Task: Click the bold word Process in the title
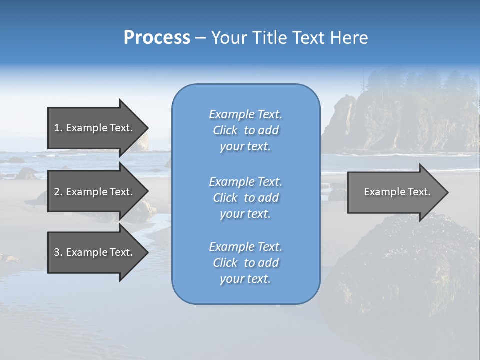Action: point(157,38)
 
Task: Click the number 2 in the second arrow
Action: point(57,192)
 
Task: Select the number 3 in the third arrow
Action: point(57,252)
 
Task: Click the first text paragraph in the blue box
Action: point(245,130)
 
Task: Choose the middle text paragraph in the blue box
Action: point(245,198)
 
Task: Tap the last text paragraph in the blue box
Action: point(245,263)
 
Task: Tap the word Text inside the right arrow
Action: point(419,192)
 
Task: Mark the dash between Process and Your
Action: point(200,38)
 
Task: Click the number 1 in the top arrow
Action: point(57,128)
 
